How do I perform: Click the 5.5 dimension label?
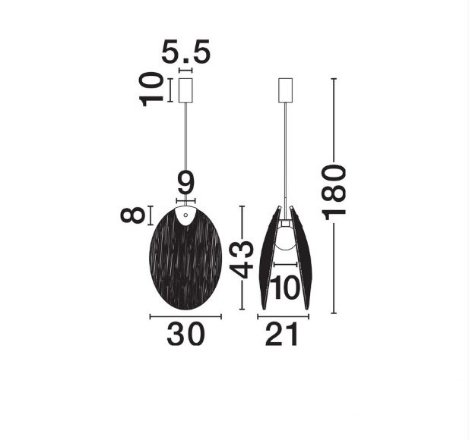point(185,52)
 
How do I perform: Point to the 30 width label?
point(185,334)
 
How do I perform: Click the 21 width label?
point(282,334)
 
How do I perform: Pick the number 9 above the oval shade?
point(185,182)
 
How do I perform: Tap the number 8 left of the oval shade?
point(132,215)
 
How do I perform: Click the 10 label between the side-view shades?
point(284,288)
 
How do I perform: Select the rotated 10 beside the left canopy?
point(151,90)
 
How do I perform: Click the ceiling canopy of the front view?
point(185,90)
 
